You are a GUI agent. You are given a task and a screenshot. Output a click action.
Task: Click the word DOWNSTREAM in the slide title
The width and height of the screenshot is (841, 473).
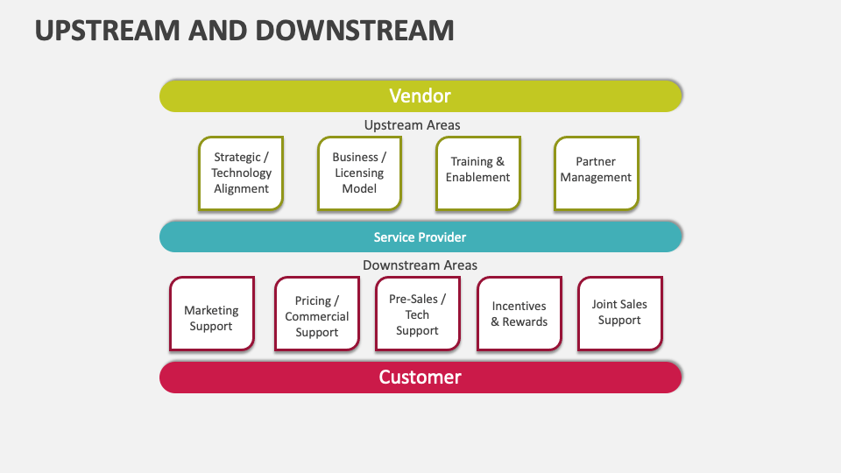[x=355, y=30]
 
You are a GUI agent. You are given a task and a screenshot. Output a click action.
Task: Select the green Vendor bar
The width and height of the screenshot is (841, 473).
[x=420, y=96]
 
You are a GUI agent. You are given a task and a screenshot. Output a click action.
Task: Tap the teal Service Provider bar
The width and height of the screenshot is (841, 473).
[x=420, y=237]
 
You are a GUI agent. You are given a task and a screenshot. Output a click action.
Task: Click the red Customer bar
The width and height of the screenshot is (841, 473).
[x=420, y=378]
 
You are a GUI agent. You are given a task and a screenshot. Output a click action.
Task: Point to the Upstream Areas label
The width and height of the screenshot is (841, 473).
[x=412, y=125]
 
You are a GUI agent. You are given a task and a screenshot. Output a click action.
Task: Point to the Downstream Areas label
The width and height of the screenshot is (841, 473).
[x=420, y=265]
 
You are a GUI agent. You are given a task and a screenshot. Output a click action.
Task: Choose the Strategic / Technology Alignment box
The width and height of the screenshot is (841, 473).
[x=241, y=173]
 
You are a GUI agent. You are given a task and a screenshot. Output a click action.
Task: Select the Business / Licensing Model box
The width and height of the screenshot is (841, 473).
[x=359, y=173]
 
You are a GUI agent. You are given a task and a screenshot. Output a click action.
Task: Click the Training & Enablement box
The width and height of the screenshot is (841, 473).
[x=477, y=173]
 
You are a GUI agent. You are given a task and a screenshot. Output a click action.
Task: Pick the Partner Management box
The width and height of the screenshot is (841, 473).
[x=596, y=173]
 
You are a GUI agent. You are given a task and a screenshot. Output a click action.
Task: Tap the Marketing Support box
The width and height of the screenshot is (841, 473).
[x=211, y=314]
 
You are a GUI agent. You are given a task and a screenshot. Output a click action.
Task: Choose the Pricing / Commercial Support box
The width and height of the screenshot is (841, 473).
[x=316, y=314]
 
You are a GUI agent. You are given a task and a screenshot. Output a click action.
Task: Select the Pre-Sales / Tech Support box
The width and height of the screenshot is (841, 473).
[x=417, y=314]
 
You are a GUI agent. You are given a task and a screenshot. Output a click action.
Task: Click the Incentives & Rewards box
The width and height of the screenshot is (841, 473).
[x=519, y=314]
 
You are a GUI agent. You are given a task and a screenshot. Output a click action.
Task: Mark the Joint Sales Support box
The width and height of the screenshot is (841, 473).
[x=619, y=314]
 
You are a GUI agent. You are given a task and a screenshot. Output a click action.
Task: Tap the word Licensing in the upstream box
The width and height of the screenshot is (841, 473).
[x=359, y=173]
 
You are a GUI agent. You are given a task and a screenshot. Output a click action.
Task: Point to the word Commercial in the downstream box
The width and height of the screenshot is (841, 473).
[x=316, y=317]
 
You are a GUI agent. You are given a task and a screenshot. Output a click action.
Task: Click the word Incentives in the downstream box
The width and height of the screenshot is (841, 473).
[x=519, y=307]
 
